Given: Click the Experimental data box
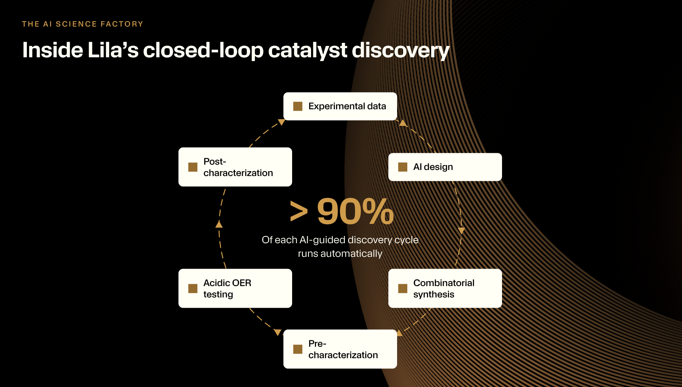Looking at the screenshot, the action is (340, 106).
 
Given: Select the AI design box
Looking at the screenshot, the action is (445, 167).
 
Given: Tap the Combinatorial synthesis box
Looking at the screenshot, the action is (445, 288).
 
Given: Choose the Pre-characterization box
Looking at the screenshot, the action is (340, 349).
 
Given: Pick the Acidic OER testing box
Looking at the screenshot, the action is (235, 288).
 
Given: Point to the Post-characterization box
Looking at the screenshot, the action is (235, 167).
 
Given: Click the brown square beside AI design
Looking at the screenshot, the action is (403, 167).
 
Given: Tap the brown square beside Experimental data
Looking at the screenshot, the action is (298, 106).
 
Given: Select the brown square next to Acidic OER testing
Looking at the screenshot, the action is (193, 289).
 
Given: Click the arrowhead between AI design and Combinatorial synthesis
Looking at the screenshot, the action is (461, 231).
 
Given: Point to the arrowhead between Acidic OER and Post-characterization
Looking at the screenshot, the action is (219, 224).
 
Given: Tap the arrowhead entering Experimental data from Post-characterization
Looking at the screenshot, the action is (282, 122).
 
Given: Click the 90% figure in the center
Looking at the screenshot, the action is (355, 211).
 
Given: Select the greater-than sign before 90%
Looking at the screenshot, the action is (299, 211).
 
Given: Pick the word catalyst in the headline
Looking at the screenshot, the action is (307, 51).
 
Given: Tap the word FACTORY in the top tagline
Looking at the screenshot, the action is (122, 24).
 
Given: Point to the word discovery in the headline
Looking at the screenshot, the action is (400, 51).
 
